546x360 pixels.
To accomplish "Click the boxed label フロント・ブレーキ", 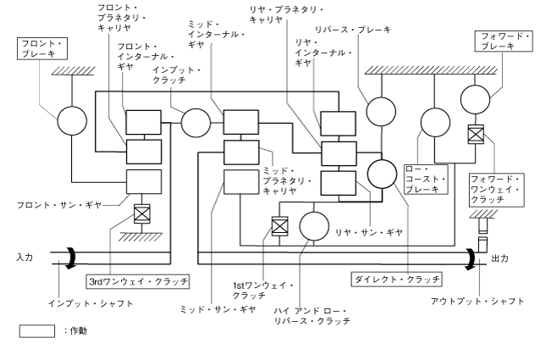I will [x=40, y=48].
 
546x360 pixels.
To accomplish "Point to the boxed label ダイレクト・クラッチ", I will [x=395, y=277].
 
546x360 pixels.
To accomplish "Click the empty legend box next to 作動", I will [x=36, y=330].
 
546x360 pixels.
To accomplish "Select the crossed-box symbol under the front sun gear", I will [x=142, y=213].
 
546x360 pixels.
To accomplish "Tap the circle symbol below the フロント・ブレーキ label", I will [x=72, y=121].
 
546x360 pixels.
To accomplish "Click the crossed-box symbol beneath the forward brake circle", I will [x=477, y=133].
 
